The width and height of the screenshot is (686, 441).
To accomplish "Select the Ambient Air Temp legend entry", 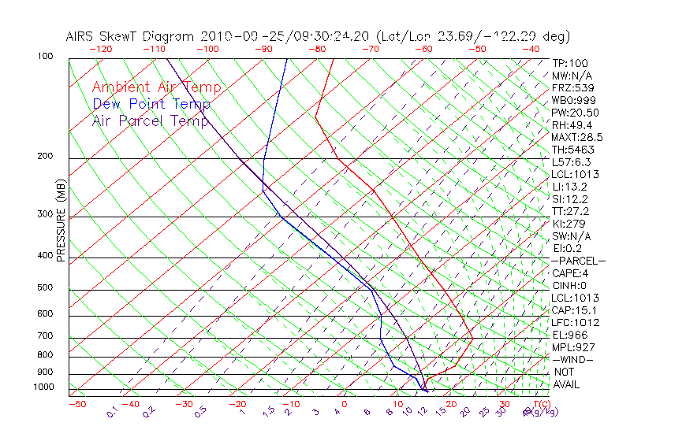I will pos(156,87).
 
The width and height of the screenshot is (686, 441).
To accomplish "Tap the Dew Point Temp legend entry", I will pos(151,104).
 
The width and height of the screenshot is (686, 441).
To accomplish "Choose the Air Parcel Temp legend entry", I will pos(150,120).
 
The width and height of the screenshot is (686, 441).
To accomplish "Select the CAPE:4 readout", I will pos(570,272).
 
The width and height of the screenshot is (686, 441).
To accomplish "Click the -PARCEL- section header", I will pos(578,261).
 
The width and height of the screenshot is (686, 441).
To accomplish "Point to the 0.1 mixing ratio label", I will pos(113,412).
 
